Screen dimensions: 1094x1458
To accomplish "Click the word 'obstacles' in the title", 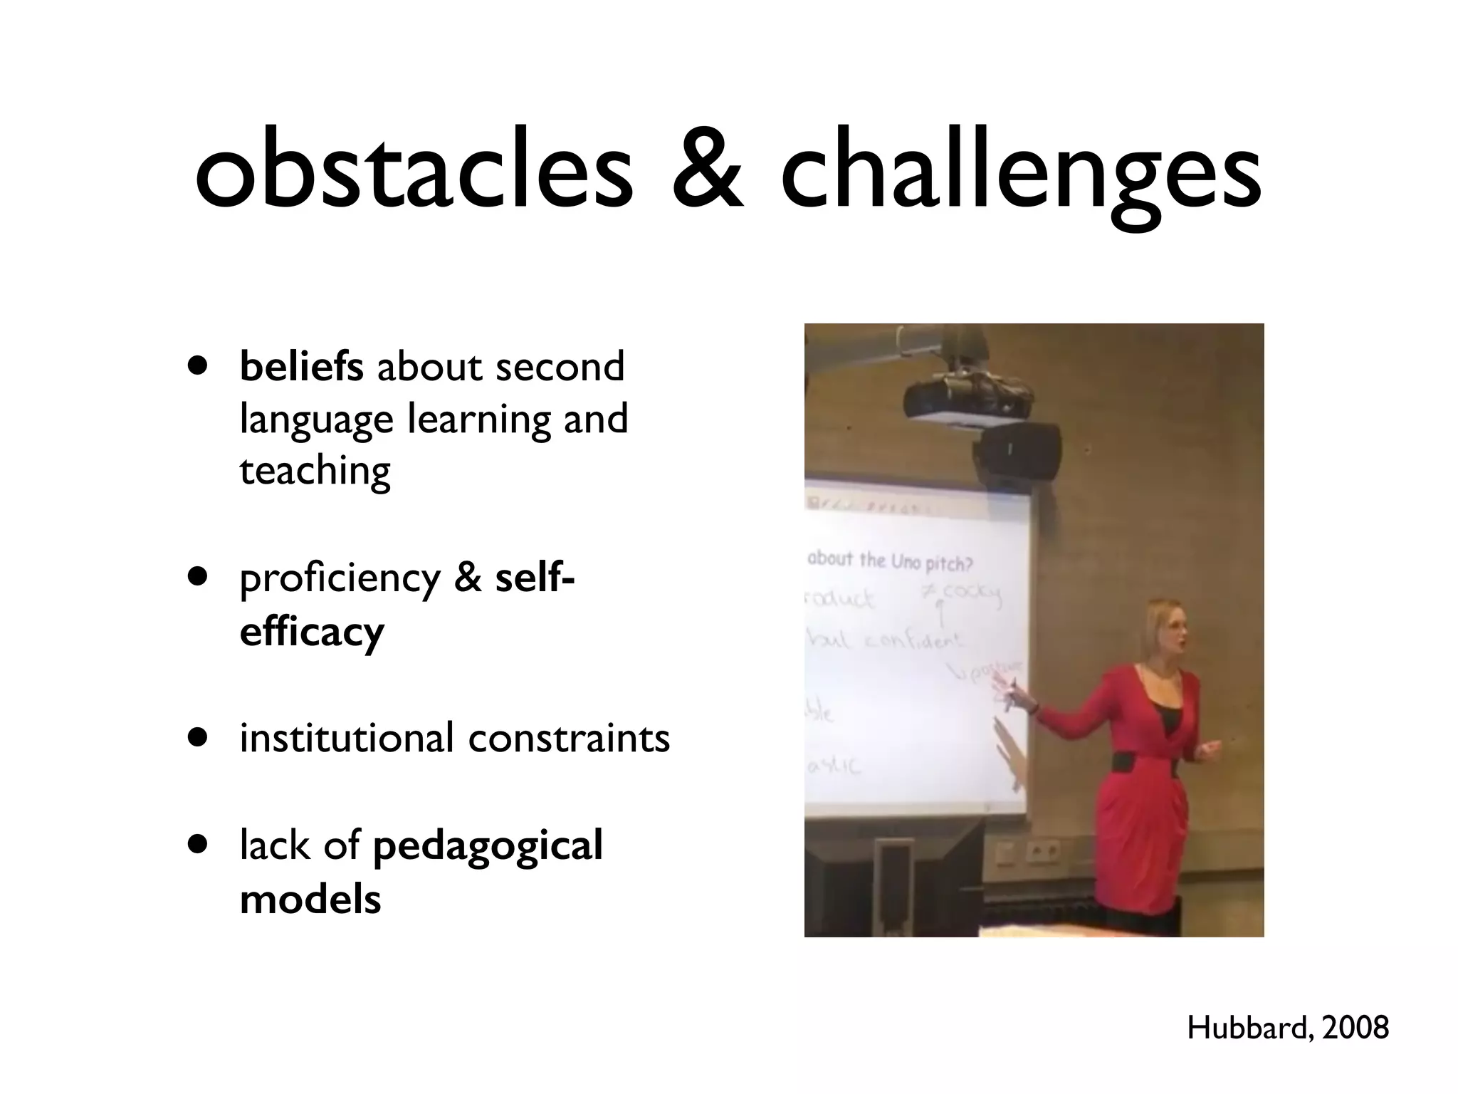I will coord(414,171).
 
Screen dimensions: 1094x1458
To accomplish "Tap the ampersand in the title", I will coord(708,171).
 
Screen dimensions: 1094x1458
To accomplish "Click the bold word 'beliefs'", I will coord(302,366).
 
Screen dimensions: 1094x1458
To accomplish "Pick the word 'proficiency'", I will coord(340,579).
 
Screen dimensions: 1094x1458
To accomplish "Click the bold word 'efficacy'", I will coord(312,632).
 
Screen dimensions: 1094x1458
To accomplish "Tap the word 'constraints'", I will coord(569,739).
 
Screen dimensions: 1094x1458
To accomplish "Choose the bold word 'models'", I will coord(310,899).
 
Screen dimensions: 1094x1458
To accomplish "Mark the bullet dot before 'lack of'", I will coord(199,845).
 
